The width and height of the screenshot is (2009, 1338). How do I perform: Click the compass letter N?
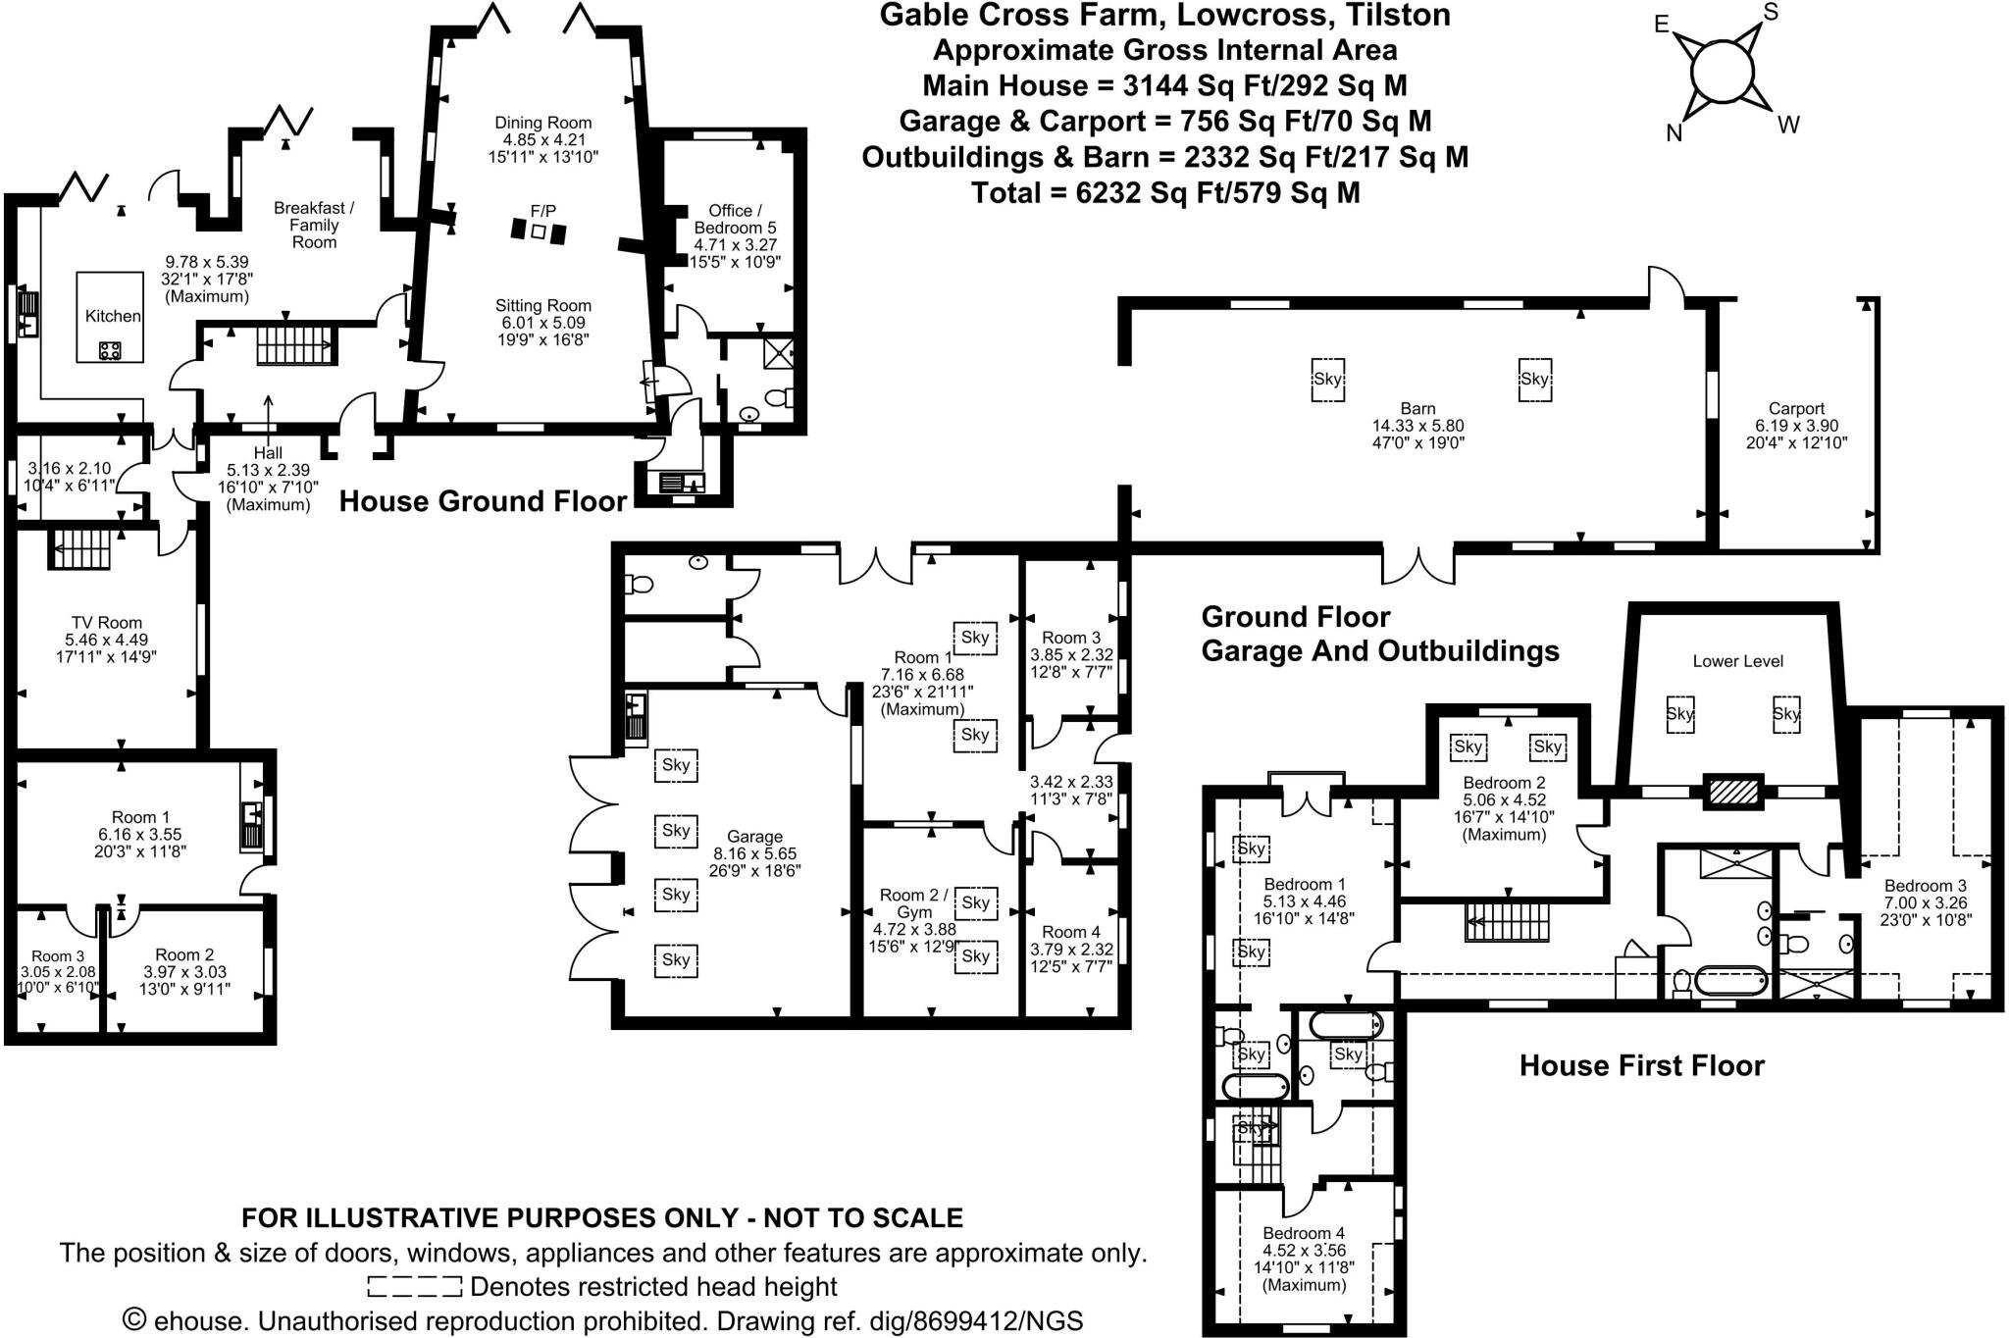point(1674,133)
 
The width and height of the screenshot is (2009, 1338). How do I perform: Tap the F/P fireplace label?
point(542,211)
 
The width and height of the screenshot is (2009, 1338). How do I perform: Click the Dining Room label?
point(542,123)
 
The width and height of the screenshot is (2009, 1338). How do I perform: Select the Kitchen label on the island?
point(113,316)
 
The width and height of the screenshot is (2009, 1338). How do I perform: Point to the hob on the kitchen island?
point(110,350)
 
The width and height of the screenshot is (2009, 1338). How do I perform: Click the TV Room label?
point(106,622)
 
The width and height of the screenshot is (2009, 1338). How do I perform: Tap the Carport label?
point(1796,409)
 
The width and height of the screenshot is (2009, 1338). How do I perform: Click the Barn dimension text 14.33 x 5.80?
point(1418,426)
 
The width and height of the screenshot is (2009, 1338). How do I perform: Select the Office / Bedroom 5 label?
point(736,219)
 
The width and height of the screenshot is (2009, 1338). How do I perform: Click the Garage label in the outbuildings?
point(754,837)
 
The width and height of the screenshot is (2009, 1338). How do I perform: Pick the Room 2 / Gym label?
point(914,902)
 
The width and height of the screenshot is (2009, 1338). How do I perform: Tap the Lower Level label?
point(1737,661)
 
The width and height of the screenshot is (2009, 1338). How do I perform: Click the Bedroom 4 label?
point(1303,1233)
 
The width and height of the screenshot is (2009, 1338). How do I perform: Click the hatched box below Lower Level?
point(1729,791)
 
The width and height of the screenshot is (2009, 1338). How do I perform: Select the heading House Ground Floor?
point(483,501)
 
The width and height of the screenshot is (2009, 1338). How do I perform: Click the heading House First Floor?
point(1642,1065)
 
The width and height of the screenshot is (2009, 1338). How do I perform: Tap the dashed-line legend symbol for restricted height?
point(414,1286)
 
